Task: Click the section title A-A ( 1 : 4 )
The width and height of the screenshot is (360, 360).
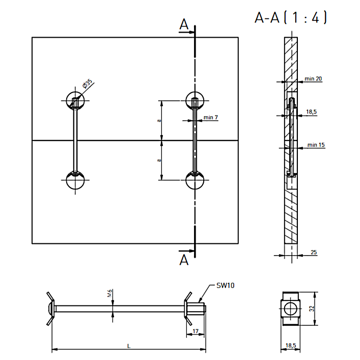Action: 290,17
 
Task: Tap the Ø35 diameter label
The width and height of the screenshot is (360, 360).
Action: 87,84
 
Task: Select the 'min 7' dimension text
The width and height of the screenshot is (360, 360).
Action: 210,117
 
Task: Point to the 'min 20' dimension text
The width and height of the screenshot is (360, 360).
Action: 313,79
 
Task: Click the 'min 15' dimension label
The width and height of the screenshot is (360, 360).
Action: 316,145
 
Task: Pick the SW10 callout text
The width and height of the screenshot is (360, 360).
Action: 225,285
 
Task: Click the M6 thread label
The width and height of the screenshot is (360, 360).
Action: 109,293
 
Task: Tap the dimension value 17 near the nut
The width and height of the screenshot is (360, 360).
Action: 196,331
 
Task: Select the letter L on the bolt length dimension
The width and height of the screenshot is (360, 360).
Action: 129,346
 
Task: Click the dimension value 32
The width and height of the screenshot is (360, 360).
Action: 312,309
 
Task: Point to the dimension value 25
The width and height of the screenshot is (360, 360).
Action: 314,252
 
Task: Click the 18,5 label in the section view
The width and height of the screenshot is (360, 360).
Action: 311,112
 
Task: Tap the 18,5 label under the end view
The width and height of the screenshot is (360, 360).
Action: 291,345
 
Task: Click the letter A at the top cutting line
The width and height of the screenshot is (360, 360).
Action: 184,24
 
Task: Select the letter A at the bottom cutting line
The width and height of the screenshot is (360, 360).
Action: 184,260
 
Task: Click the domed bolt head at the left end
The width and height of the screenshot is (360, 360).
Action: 51,309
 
